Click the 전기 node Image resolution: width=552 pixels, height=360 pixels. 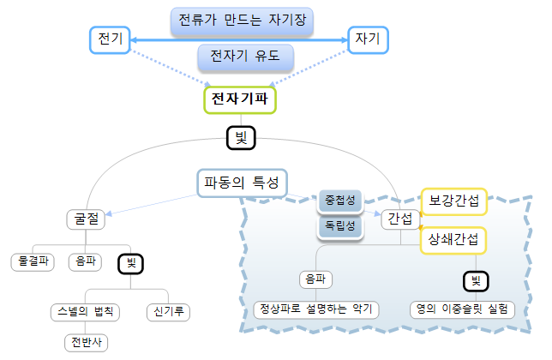coord(111,39)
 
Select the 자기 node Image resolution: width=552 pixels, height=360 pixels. coord(368,39)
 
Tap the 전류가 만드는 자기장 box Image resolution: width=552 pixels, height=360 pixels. coord(239,20)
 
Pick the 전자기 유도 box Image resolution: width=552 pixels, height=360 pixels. coord(245,57)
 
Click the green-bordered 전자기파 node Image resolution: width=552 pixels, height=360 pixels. coord(240,99)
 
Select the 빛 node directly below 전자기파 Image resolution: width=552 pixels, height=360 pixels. coord(240,136)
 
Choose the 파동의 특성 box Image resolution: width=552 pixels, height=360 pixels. coord(241,183)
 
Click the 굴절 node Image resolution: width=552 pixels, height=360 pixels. coord(84,219)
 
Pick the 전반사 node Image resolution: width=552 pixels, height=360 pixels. coord(87,342)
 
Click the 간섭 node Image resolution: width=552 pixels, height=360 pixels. coord(400,219)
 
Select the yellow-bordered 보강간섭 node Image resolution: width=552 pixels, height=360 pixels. coord(453,201)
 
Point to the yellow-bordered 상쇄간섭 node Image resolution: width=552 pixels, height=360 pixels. coord(453,239)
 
